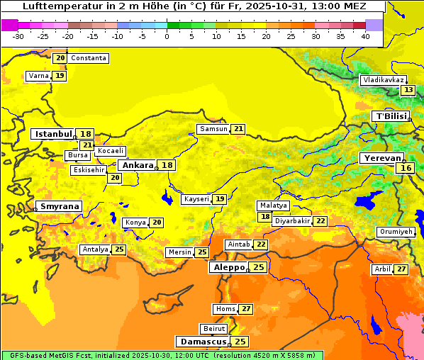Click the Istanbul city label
[53, 133]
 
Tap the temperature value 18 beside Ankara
[167, 165]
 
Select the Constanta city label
[89, 58]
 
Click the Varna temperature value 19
[60, 76]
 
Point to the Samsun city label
[213, 129]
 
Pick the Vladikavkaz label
[384, 80]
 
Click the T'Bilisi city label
[391, 116]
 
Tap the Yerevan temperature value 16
[406, 168]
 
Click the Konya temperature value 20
[157, 223]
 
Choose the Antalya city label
[95, 249]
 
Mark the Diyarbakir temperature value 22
[320, 221]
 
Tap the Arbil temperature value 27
[401, 269]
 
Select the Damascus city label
[203, 342]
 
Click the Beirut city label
[214, 329]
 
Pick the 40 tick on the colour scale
[365, 36]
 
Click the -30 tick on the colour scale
[18, 36]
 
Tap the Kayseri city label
[197, 199]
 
